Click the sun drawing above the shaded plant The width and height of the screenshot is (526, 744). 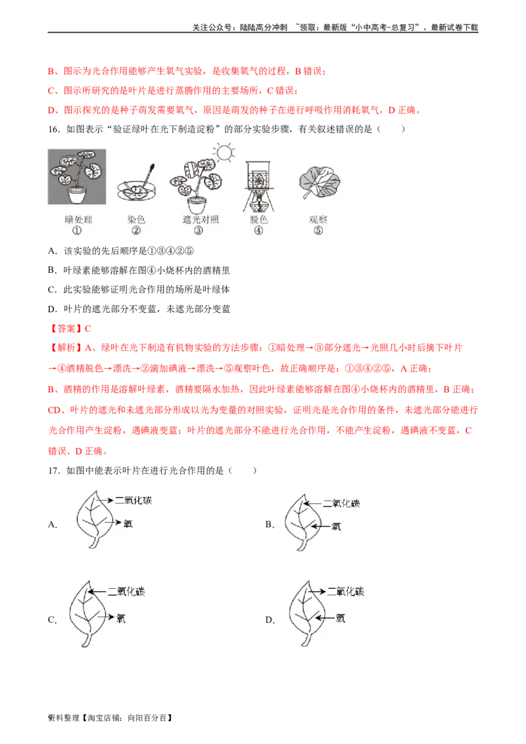224,152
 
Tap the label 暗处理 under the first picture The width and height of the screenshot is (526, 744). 78,220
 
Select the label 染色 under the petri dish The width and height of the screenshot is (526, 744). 136,220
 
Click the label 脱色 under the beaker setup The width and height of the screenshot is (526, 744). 259,220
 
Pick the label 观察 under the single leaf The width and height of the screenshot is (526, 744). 318,220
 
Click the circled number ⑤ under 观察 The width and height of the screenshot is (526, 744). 318,231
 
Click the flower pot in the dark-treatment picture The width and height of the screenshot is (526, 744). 78,195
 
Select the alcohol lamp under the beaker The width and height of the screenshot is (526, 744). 259,202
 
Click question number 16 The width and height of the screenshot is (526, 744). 54,129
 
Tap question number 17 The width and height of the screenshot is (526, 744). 54,471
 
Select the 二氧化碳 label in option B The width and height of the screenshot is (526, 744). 341,503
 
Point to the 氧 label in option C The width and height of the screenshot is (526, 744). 121,618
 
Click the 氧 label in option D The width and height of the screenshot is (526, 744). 341,618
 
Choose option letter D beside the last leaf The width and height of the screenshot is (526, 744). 269,620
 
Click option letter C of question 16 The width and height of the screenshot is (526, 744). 52,289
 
